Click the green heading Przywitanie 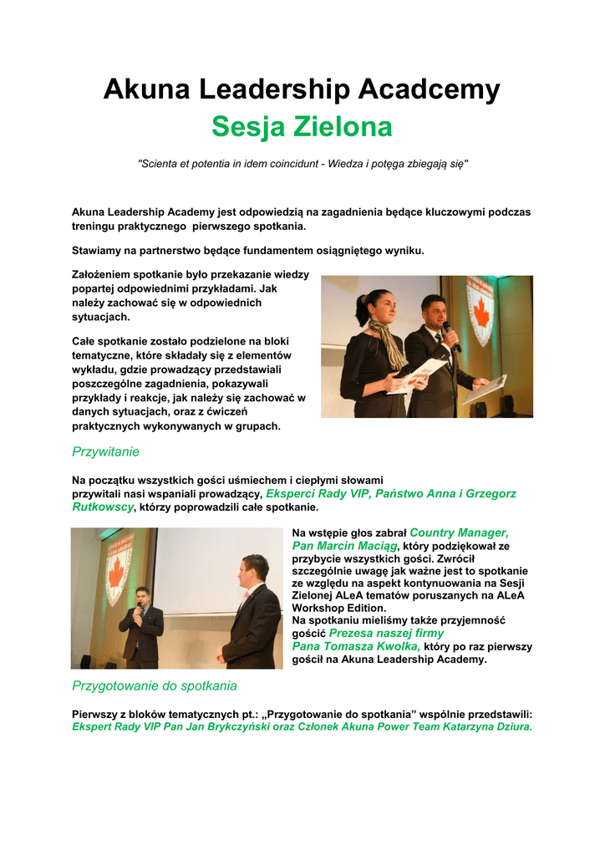pyautogui.click(x=105, y=451)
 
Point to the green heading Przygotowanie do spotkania pyautogui.click(x=155, y=685)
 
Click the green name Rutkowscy pyautogui.click(x=103, y=507)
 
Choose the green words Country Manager pyautogui.click(x=459, y=532)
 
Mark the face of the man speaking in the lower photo pyautogui.click(x=141, y=597)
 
